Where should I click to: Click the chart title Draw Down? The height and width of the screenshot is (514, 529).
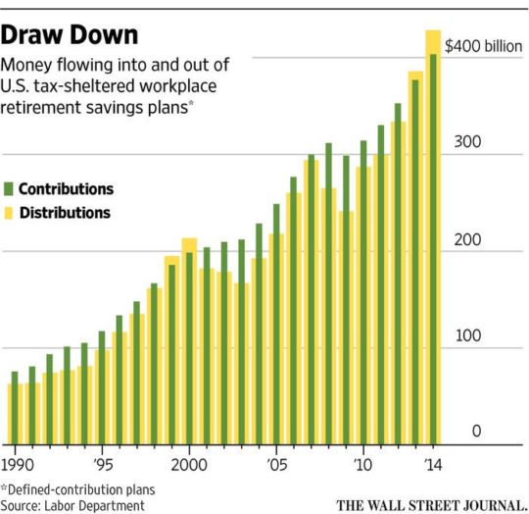(70, 35)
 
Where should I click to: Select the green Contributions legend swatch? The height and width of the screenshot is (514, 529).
(9, 188)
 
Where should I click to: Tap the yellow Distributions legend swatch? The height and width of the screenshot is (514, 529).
(9, 213)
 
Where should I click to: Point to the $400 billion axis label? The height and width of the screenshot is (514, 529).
(484, 46)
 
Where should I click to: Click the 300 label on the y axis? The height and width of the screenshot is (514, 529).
(467, 141)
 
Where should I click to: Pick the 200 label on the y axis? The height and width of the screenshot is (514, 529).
(467, 239)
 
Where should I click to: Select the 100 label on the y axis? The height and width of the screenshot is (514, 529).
(468, 335)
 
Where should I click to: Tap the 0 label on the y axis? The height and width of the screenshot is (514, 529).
(476, 431)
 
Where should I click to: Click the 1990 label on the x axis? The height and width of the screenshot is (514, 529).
(18, 465)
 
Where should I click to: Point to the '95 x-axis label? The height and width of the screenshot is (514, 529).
(103, 465)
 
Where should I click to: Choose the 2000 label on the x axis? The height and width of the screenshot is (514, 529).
(189, 465)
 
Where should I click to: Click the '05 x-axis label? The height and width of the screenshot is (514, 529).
(277, 465)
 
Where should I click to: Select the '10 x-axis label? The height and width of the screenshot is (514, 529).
(363, 465)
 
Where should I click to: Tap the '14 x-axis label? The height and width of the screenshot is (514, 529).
(434, 465)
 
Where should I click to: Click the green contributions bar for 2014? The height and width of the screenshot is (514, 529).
(433, 249)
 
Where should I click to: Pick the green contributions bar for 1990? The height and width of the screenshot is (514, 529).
(15, 408)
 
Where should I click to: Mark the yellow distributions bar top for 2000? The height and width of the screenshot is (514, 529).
(189, 238)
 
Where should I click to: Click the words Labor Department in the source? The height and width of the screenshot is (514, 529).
(94, 506)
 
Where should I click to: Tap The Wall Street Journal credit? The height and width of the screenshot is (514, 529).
(432, 506)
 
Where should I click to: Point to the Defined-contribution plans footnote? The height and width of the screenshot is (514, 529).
(78, 489)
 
